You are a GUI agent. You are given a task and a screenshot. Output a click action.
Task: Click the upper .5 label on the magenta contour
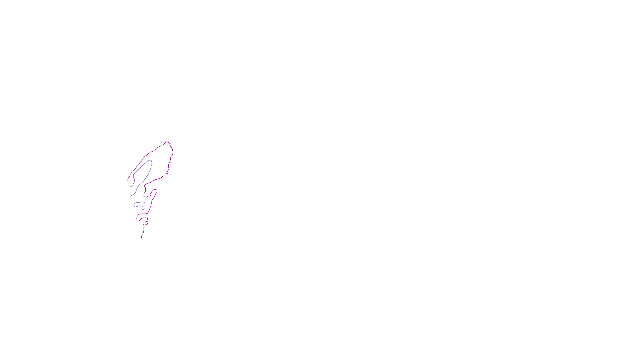point(166,174)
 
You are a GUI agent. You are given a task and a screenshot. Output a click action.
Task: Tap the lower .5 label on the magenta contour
point(146,223)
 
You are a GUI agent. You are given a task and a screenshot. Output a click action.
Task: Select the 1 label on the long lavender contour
point(151,163)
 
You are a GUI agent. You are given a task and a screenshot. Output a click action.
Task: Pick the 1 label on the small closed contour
point(143,208)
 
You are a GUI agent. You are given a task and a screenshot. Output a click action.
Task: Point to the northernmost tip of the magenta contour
point(167,142)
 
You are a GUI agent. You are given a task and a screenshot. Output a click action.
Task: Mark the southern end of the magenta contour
point(141,239)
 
